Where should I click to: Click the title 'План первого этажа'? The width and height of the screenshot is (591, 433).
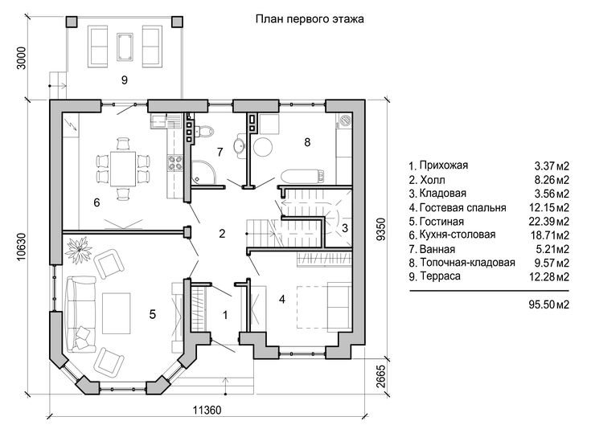(x=310, y=19)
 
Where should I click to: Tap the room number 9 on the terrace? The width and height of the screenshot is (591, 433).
(x=125, y=80)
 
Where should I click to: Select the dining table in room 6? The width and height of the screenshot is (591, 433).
(x=123, y=169)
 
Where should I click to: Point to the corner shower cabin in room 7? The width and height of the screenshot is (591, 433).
(x=203, y=173)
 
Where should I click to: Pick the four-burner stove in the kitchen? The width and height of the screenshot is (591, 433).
(x=175, y=163)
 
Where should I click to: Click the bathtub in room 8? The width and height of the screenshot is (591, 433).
(x=302, y=177)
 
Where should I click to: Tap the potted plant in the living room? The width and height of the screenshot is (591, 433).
(x=79, y=250)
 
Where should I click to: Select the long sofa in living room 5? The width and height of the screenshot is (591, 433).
(x=80, y=314)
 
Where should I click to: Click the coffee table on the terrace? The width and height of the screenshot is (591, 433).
(x=125, y=47)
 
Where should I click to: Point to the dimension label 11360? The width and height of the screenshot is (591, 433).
(x=207, y=410)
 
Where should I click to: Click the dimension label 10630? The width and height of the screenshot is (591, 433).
(x=21, y=247)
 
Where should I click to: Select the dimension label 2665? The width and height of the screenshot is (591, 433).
(x=381, y=376)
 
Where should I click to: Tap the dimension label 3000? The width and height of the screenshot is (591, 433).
(x=22, y=58)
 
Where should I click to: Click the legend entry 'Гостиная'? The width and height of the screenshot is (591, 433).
(x=437, y=222)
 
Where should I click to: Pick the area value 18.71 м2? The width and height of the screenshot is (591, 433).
(x=549, y=235)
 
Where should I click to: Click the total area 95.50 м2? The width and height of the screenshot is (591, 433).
(x=548, y=304)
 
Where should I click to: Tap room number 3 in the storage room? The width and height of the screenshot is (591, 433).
(x=345, y=228)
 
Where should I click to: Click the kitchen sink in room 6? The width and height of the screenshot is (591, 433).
(x=158, y=121)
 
